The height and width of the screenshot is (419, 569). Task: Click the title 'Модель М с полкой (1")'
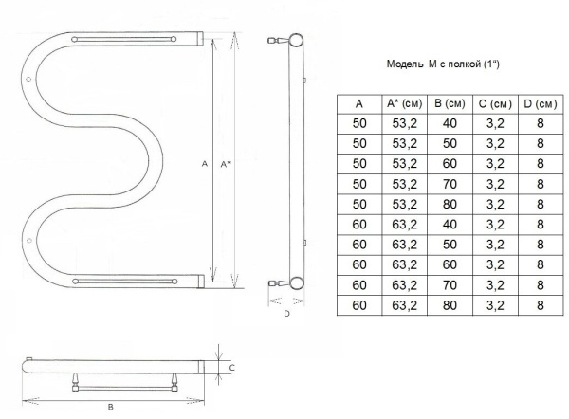click(x=443, y=64)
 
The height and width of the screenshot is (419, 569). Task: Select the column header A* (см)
click(x=405, y=103)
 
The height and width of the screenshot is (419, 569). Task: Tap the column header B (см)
click(x=450, y=103)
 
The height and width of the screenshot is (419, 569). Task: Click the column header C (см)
click(x=495, y=104)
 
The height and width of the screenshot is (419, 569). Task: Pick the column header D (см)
click(x=541, y=104)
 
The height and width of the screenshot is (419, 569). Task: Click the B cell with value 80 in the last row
click(x=450, y=305)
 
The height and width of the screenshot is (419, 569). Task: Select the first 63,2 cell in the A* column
click(x=405, y=225)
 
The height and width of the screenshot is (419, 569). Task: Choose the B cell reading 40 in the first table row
click(x=450, y=123)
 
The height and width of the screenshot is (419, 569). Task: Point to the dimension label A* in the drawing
click(x=226, y=164)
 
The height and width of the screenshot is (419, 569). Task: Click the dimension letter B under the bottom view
click(x=111, y=407)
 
